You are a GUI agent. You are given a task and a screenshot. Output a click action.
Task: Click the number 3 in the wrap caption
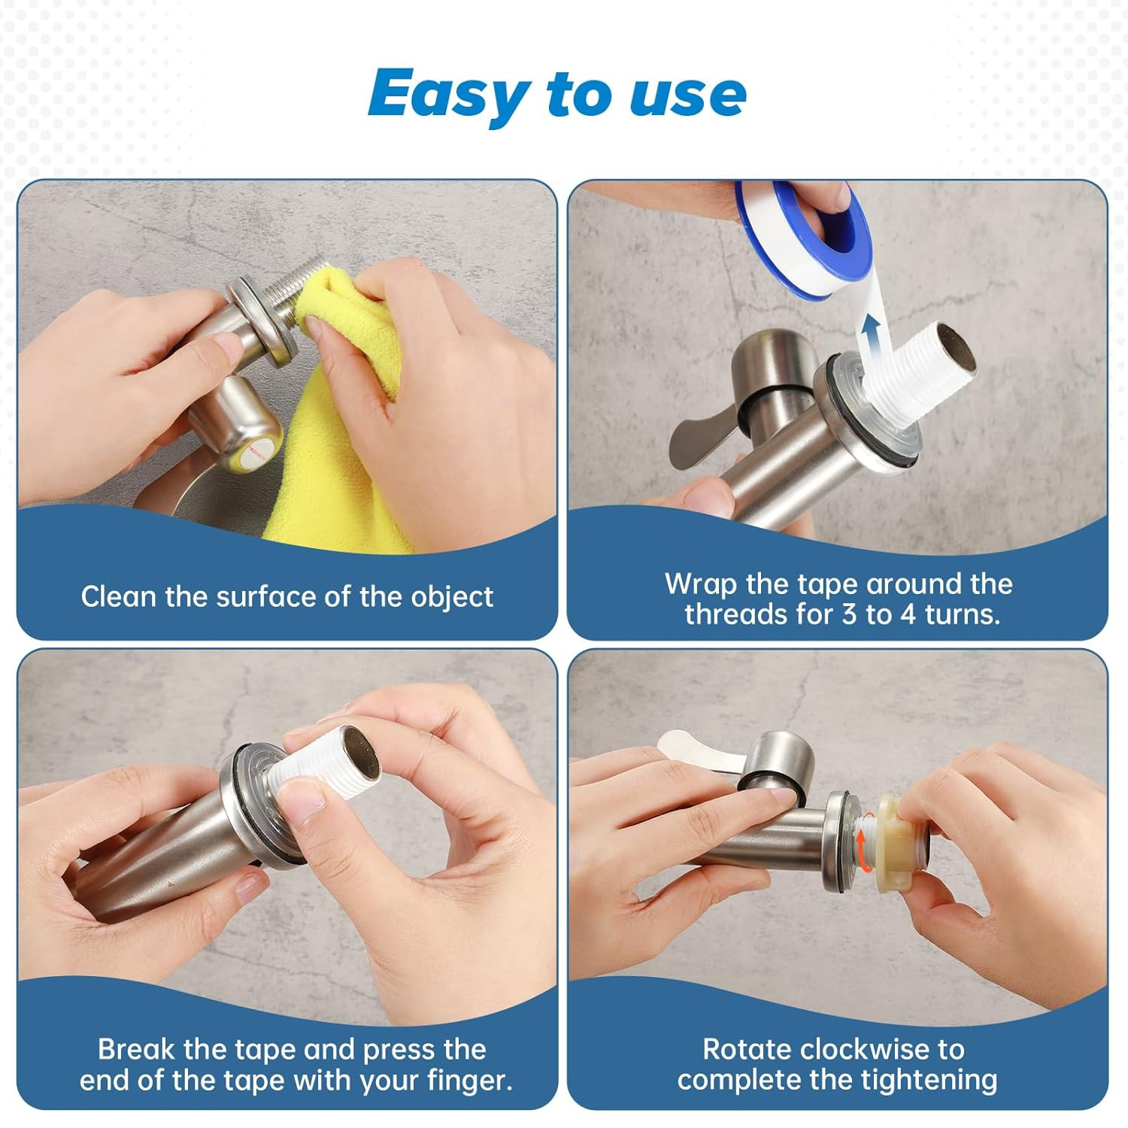850,614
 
